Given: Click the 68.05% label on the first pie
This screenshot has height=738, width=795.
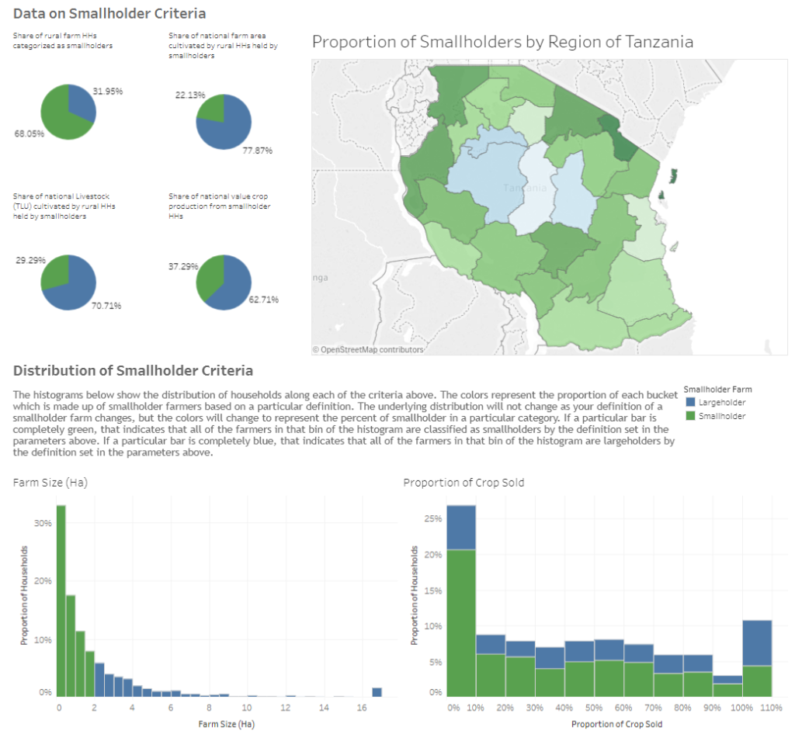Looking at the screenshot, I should coord(29,133).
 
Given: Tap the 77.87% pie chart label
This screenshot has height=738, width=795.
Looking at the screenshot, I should coord(257,151).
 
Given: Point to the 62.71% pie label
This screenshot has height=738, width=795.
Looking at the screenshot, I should coord(263,299).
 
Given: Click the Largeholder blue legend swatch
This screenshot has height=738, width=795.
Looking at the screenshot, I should coord(690,403).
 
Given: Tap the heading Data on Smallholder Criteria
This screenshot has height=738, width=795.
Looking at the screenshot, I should coord(109,13).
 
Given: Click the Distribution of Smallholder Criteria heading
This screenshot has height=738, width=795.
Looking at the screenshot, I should coord(133,370).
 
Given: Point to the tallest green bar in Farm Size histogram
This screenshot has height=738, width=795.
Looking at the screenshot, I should coord(61,598).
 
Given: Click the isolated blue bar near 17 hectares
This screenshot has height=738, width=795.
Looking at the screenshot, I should coord(377,692).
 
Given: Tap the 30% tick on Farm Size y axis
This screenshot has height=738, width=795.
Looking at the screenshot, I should coord(43,523).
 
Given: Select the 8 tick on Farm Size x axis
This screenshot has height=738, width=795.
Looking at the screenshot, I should coord(208,709).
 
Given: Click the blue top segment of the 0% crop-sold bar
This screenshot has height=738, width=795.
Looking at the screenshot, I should coord(461,527).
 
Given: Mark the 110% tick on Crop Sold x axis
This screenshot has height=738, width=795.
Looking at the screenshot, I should coord(772,709).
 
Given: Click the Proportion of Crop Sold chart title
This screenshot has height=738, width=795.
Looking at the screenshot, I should coord(463,483).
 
